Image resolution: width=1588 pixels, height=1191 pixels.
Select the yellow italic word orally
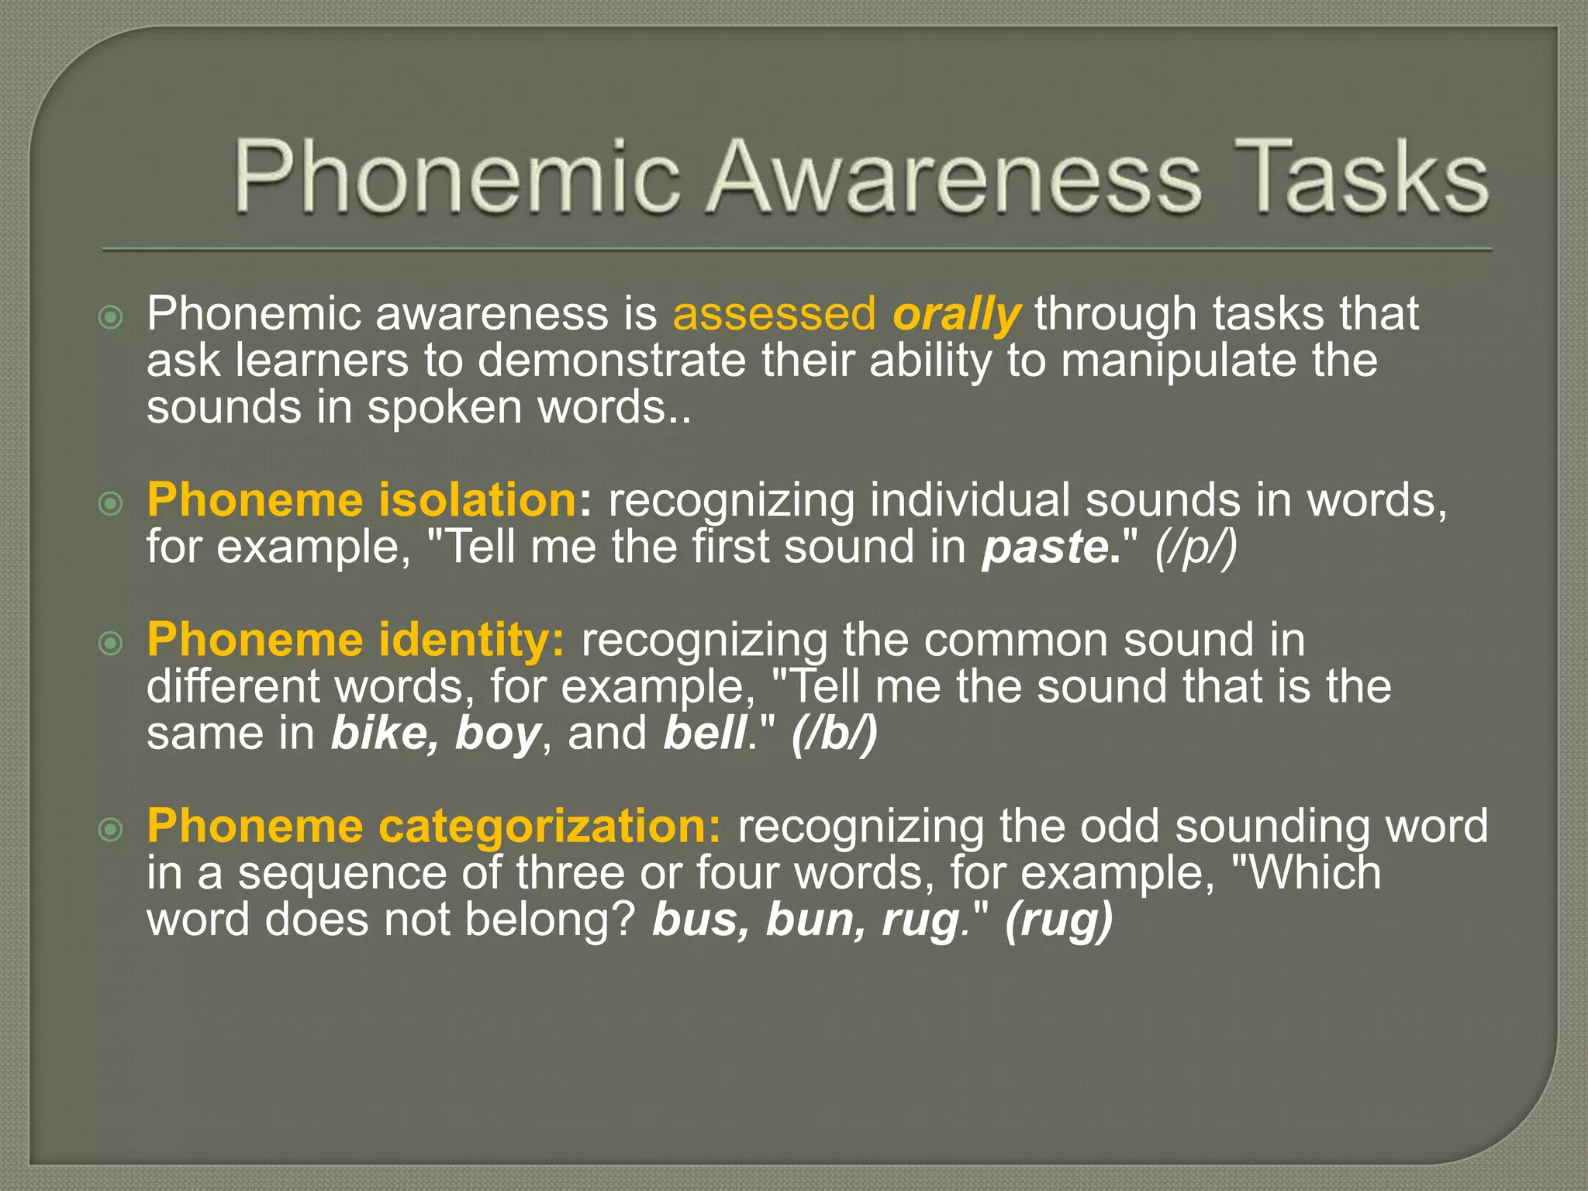click(x=957, y=314)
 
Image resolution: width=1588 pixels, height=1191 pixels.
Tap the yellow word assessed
click(x=774, y=314)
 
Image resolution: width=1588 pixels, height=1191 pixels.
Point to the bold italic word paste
click(x=1048, y=547)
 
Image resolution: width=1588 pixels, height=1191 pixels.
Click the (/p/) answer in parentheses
click(x=1196, y=547)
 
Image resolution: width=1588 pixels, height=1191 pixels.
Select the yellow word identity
click(x=472, y=640)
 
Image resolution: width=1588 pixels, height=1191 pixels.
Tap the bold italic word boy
click(x=497, y=734)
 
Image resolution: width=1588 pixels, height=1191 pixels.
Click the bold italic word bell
click(x=704, y=734)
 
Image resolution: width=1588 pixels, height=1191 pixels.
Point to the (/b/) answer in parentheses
click(x=834, y=734)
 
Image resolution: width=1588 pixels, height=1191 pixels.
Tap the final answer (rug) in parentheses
click(x=1058, y=920)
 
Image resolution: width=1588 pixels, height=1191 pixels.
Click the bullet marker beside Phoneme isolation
click(x=112, y=505)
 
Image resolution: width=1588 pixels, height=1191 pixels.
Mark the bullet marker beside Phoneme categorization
click(x=112, y=831)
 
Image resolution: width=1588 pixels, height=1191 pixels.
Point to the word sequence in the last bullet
click(x=342, y=873)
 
